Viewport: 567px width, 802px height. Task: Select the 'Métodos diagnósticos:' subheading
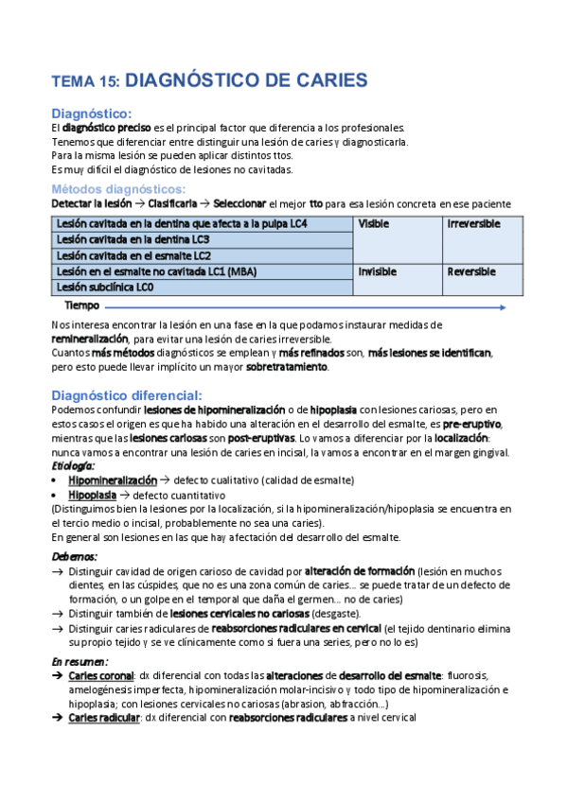118,189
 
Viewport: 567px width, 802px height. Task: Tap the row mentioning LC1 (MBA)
155,271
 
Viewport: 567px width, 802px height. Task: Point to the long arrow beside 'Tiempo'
312,306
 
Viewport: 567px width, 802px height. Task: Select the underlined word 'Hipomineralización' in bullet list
113,480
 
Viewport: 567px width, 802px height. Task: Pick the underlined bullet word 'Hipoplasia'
93,495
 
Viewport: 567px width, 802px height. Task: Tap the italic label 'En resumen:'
80,661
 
